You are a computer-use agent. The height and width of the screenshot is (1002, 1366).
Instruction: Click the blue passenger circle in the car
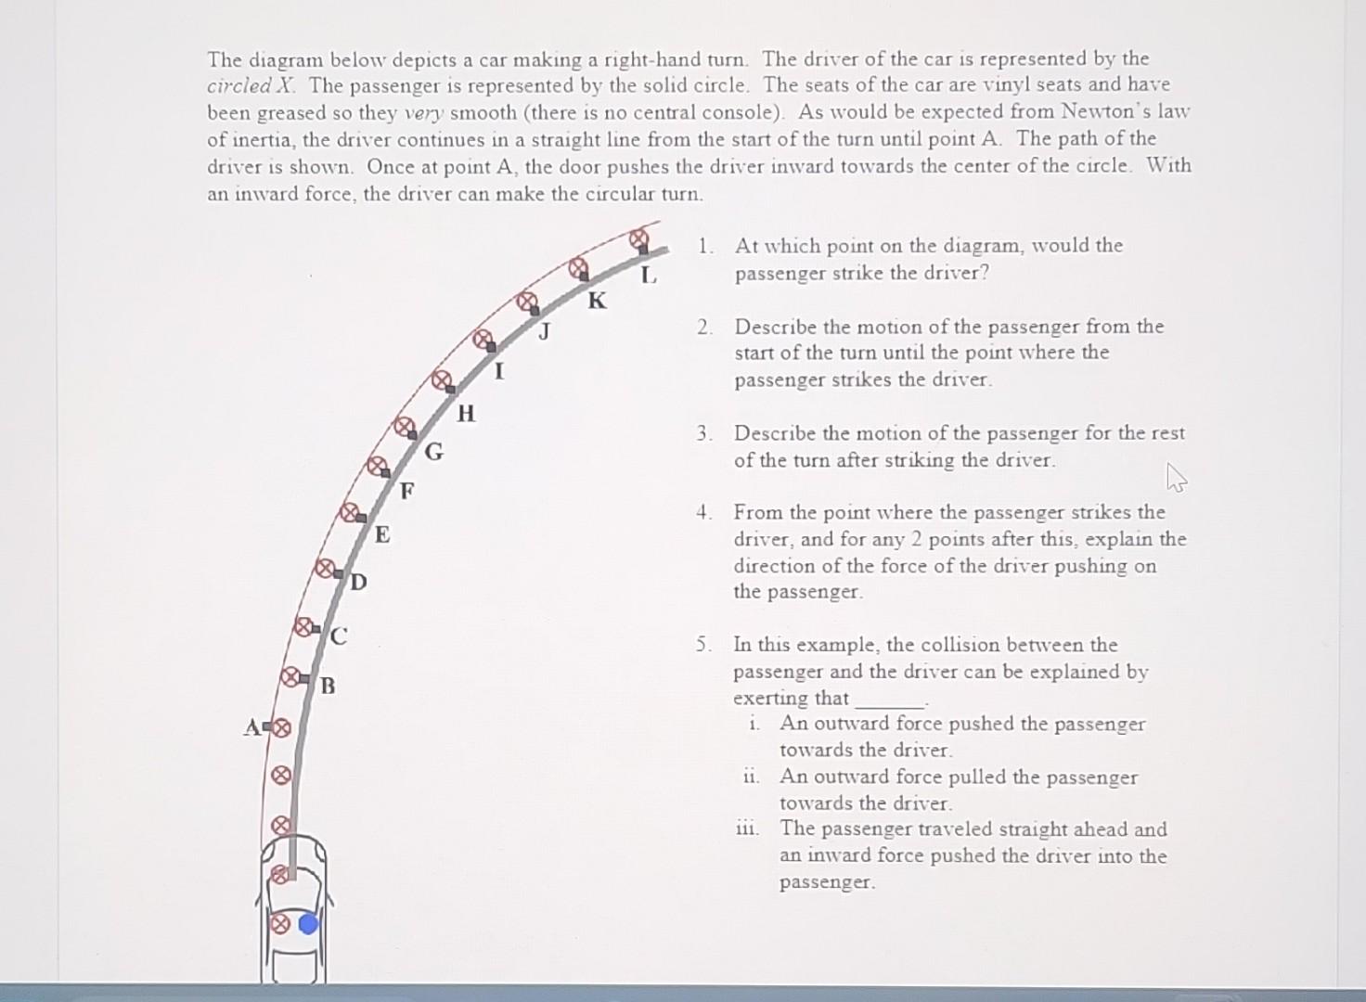pos(309,923)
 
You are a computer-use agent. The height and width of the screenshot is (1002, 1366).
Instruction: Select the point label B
pos(329,687)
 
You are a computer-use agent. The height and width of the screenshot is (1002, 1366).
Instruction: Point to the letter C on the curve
pos(339,636)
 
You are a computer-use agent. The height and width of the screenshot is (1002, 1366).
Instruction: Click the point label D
pos(359,583)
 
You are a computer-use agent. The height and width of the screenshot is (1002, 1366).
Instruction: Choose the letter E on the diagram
pos(382,534)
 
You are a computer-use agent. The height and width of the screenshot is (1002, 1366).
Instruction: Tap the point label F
pos(406,490)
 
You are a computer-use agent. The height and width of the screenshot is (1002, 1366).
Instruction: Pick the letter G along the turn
pos(434,452)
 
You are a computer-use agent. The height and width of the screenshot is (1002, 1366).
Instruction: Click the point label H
pos(466,413)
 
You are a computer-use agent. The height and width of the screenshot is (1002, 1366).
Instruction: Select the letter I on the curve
pos(499,372)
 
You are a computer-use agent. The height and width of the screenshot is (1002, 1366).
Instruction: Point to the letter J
pos(545,331)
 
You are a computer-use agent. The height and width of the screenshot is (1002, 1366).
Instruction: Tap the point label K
pos(597,301)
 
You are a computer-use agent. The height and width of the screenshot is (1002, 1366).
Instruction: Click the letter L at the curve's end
pos(649,276)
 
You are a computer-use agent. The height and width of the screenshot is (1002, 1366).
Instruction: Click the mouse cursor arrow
pos(1176,479)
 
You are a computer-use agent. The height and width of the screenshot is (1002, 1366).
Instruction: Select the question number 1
pos(704,246)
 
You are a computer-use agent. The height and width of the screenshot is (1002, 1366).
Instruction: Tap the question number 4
pos(704,512)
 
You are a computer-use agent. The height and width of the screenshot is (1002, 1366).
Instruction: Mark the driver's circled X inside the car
pos(278,924)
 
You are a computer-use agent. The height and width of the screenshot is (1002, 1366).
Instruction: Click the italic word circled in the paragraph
pos(238,86)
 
